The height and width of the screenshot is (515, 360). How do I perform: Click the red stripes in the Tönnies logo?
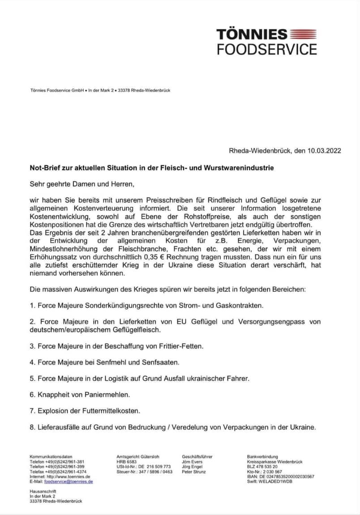click(x=304, y=34)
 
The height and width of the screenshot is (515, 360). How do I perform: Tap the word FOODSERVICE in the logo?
click(x=267, y=48)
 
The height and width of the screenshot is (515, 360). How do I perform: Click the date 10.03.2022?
click(x=324, y=151)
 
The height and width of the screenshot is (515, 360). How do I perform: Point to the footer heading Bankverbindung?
click(x=262, y=456)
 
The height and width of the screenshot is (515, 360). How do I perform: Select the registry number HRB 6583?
click(x=126, y=461)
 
